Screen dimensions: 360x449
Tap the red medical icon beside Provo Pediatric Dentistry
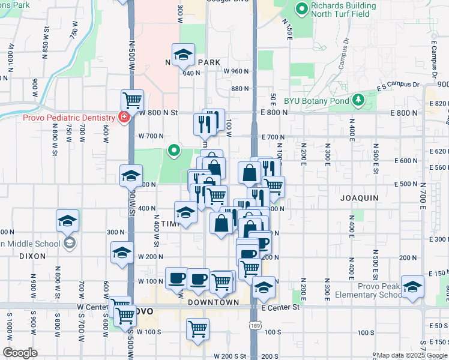[x=124, y=117]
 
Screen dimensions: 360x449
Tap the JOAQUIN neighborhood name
[x=360, y=197]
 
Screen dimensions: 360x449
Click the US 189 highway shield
[x=255, y=325]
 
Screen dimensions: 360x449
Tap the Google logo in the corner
[x=20, y=353]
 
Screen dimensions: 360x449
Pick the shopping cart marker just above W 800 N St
[x=131, y=100]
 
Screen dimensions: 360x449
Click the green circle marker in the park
[x=174, y=150]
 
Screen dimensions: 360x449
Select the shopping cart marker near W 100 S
[x=197, y=328]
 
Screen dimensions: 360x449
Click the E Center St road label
[x=281, y=308]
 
